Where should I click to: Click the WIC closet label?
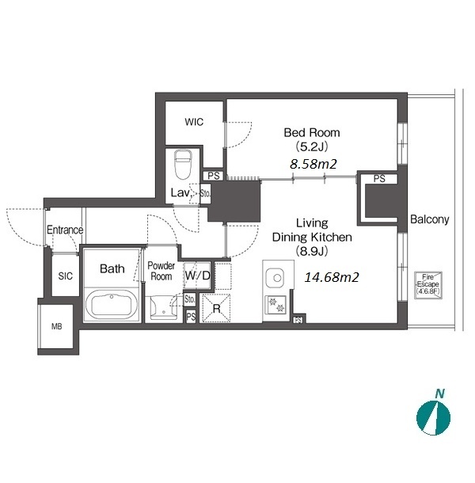[x=194, y=122]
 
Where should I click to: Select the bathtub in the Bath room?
[x=112, y=304]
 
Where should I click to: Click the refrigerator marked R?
[x=217, y=308]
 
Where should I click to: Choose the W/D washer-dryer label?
[x=197, y=276]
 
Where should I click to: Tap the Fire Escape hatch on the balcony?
[x=428, y=285]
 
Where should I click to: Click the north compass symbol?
[x=433, y=418]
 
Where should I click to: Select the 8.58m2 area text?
[x=313, y=164]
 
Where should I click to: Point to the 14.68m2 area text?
[x=332, y=277]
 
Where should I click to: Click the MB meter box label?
[x=57, y=326]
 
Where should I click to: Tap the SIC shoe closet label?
[x=65, y=276]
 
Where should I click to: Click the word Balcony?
[x=429, y=219]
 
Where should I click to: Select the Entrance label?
[x=65, y=230]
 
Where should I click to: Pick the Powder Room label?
[x=161, y=271]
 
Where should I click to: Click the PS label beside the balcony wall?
[x=379, y=179]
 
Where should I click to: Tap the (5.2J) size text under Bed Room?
[x=312, y=146]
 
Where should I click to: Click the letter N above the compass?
[x=440, y=394]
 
